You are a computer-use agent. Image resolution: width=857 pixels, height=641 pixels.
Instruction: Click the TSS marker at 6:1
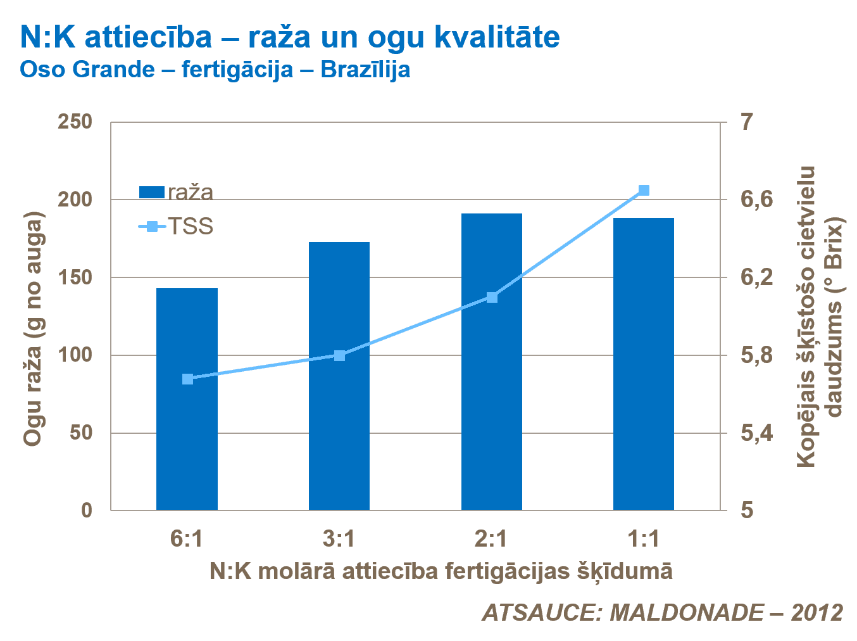coord(187,379)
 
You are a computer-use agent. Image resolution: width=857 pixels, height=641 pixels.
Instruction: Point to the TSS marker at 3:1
coord(339,355)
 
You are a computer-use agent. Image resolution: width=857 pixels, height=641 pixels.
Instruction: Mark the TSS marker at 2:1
coord(492,297)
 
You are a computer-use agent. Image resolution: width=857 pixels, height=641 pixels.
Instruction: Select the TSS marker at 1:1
coord(644,191)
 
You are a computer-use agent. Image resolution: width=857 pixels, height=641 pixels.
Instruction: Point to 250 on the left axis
coord(75,122)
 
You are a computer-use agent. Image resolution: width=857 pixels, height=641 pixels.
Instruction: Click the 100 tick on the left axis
coord(75,355)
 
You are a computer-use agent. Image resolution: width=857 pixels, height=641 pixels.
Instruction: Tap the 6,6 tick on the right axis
coord(756,200)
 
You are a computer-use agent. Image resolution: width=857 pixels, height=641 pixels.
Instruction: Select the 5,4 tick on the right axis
coord(756,433)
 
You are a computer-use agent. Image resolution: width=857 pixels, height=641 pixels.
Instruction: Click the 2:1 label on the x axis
coord(491,538)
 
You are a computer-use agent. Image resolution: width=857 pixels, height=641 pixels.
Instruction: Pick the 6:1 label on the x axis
coord(187,538)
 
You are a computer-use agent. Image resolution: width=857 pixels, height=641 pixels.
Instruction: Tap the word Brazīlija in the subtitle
coord(365,69)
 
